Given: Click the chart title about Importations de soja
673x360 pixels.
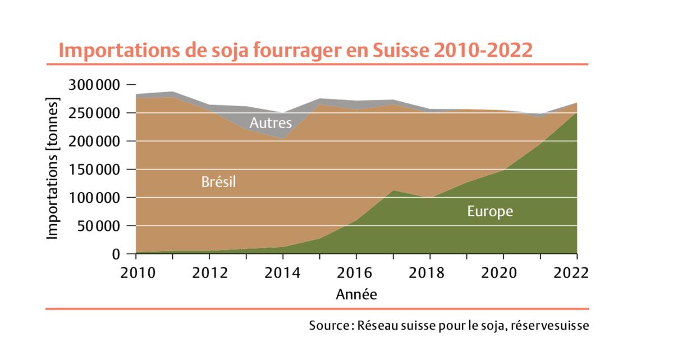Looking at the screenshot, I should [295, 50].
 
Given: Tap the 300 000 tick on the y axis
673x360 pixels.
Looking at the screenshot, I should [94, 85].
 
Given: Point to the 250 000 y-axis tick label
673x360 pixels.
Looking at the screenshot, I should [94, 113].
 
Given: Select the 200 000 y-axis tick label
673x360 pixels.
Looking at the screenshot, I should [94, 142].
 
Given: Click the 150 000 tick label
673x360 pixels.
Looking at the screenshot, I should [94, 170].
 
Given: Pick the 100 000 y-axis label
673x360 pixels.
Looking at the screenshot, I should [94, 198].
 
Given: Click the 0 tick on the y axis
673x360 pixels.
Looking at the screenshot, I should [116, 254].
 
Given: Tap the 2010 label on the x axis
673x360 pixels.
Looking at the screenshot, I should [136, 273].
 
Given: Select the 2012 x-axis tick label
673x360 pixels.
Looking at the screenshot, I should [209, 273].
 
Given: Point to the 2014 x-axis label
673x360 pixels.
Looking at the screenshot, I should [283, 273].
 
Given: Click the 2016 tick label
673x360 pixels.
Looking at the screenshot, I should [356, 273].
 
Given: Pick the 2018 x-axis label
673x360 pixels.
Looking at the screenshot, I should [430, 273].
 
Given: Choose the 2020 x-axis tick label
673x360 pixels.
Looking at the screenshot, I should [503, 273].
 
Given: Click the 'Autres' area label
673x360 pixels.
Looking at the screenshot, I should [271, 122].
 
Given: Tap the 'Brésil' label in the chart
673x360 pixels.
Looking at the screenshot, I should [218, 182].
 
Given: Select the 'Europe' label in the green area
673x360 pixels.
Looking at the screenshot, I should [490, 211].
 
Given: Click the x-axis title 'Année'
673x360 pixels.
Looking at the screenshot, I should [356, 294].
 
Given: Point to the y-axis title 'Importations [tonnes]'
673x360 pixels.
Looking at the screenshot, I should [52, 169].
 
